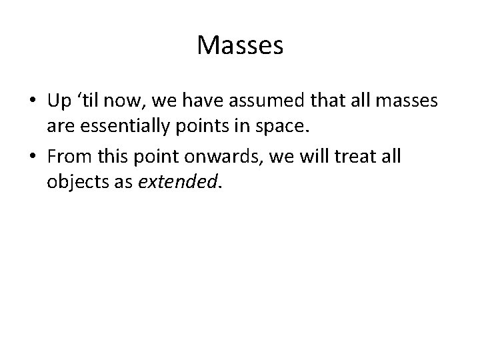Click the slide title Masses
[x=240, y=46]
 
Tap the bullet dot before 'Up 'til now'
[x=33, y=101]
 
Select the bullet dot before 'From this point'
[x=33, y=158]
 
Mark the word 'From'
[x=69, y=157]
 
